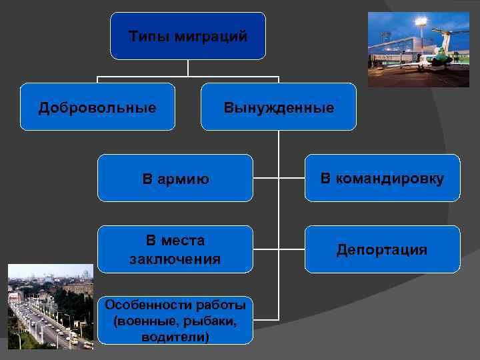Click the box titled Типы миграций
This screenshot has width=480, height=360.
pyautogui.click(x=188, y=36)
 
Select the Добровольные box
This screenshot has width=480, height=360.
pyautogui.click(x=97, y=107)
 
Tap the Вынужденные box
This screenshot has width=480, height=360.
pyautogui.click(x=279, y=107)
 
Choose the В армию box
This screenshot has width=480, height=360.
pyautogui.click(x=175, y=178)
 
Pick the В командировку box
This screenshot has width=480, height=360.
pyautogui.click(x=382, y=178)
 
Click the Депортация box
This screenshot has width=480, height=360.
pyautogui.click(x=382, y=249)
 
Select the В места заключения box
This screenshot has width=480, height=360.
pyautogui.click(x=175, y=249)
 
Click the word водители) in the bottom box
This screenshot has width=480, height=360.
pyautogui.click(x=175, y=337)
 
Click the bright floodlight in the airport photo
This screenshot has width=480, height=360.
pyautogui.click(x=421, y=21)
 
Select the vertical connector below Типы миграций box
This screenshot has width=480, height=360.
pyautogui.click(x=188, y=67)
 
